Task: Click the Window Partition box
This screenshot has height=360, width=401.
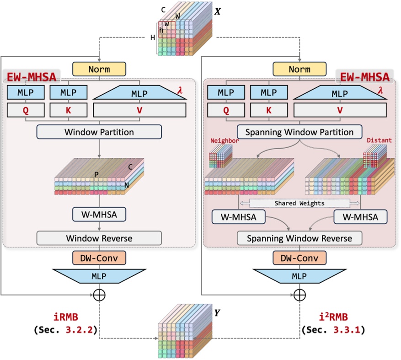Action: tap(99, 132)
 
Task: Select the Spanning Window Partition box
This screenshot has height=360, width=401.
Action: tap(299, 132)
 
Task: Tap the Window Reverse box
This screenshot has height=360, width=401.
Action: tap(99, 238)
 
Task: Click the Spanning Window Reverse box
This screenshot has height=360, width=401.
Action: tap(299, 238)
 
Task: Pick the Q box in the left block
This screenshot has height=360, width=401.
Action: tap(26, 110)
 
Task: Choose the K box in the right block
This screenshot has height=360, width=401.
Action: tap(268, 110)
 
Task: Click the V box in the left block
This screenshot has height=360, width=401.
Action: tap(139, 110)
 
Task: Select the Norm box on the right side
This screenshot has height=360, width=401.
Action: tap(299, 70)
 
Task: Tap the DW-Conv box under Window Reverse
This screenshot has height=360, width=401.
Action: tap(99, 258)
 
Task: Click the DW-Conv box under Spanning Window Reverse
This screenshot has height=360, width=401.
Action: tap(299, 258)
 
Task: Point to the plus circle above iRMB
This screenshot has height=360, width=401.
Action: tap(99, 295)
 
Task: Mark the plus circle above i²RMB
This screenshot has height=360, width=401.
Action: tap(299, 295)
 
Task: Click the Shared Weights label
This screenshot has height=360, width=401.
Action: tap(299, 203)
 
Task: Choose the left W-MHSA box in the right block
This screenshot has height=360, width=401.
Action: tap(238, 217)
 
